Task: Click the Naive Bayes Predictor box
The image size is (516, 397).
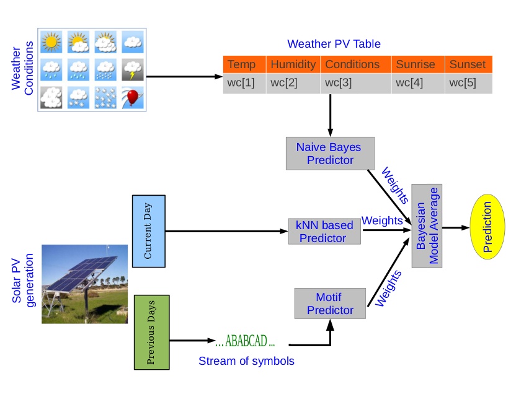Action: pos(330,154)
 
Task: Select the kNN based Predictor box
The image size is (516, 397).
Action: pos(325,231)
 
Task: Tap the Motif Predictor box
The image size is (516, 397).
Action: pos(330,303)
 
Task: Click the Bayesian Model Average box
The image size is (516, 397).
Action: pos(427,227)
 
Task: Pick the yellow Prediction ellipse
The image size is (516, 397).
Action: pos(486,227)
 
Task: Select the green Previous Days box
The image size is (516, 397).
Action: pos(151,332)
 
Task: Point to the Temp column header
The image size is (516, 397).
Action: pos(241,64)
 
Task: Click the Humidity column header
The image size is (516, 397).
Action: pos(293,64)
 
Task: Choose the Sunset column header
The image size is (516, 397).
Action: pos(468,64)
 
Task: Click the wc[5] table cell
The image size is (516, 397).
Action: pos(468,83)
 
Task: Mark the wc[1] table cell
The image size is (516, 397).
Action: pos(241,83)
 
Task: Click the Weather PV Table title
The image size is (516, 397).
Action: pos(334,44)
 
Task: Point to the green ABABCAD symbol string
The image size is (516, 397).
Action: pos(245,341)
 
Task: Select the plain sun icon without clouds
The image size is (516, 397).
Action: pos(51,42)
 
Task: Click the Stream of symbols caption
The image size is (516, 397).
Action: pos(246,360)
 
